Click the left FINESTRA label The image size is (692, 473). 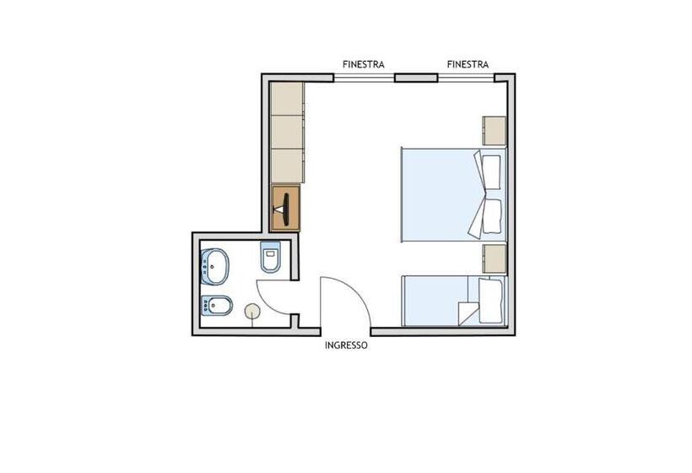(363, 64)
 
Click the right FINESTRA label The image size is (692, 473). (468, 64)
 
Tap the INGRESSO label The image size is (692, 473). (346, 345)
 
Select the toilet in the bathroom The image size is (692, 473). (271, 257)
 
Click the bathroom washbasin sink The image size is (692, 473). (215, 266)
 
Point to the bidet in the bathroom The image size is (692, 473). (217, 305)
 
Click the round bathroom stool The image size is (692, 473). (252, 311)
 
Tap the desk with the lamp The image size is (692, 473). (285, 208)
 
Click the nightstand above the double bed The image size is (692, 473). (495, 131)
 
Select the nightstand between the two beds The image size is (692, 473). (495, 258)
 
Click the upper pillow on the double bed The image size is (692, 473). (491, 172)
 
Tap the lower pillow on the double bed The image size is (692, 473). (492, 216)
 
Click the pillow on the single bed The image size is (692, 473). (491, 301)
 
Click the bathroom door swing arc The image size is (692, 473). (268, 302)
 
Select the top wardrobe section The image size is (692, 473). (287, 99)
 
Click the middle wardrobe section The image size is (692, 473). (287, 132)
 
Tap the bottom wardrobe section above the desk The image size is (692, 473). (287, 166)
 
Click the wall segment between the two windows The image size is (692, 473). (416, 79)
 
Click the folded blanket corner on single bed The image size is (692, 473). (468, 313)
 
